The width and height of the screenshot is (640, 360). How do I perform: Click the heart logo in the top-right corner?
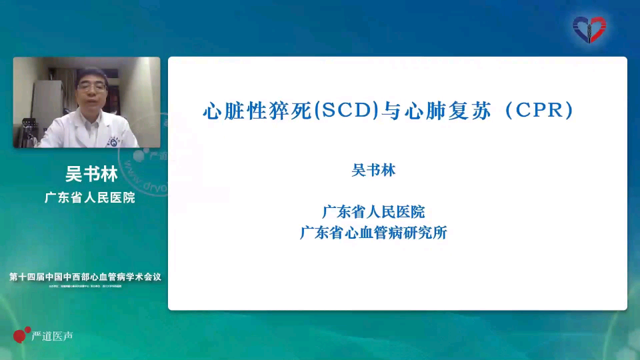point(589,29)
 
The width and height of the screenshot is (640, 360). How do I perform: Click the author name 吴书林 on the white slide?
point(373,171)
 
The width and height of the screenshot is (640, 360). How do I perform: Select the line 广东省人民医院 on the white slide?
point(373,213)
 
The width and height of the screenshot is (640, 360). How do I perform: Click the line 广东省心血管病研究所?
point(373,233)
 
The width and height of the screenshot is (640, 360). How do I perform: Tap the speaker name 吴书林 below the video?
point(91,175)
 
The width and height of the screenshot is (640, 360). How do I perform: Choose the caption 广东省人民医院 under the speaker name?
point(89,197)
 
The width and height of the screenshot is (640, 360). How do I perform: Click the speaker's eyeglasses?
point(91,87)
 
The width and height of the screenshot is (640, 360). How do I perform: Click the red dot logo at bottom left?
point(21,334)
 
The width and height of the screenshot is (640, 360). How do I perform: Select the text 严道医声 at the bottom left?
point(53,336)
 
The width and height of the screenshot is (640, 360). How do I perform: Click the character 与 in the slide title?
point(391,111)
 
